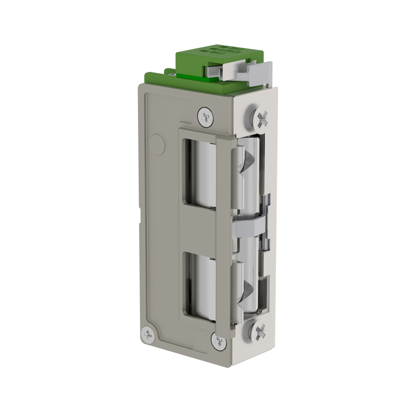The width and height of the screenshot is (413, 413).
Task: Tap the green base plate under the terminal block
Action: [x=165, y=77]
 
